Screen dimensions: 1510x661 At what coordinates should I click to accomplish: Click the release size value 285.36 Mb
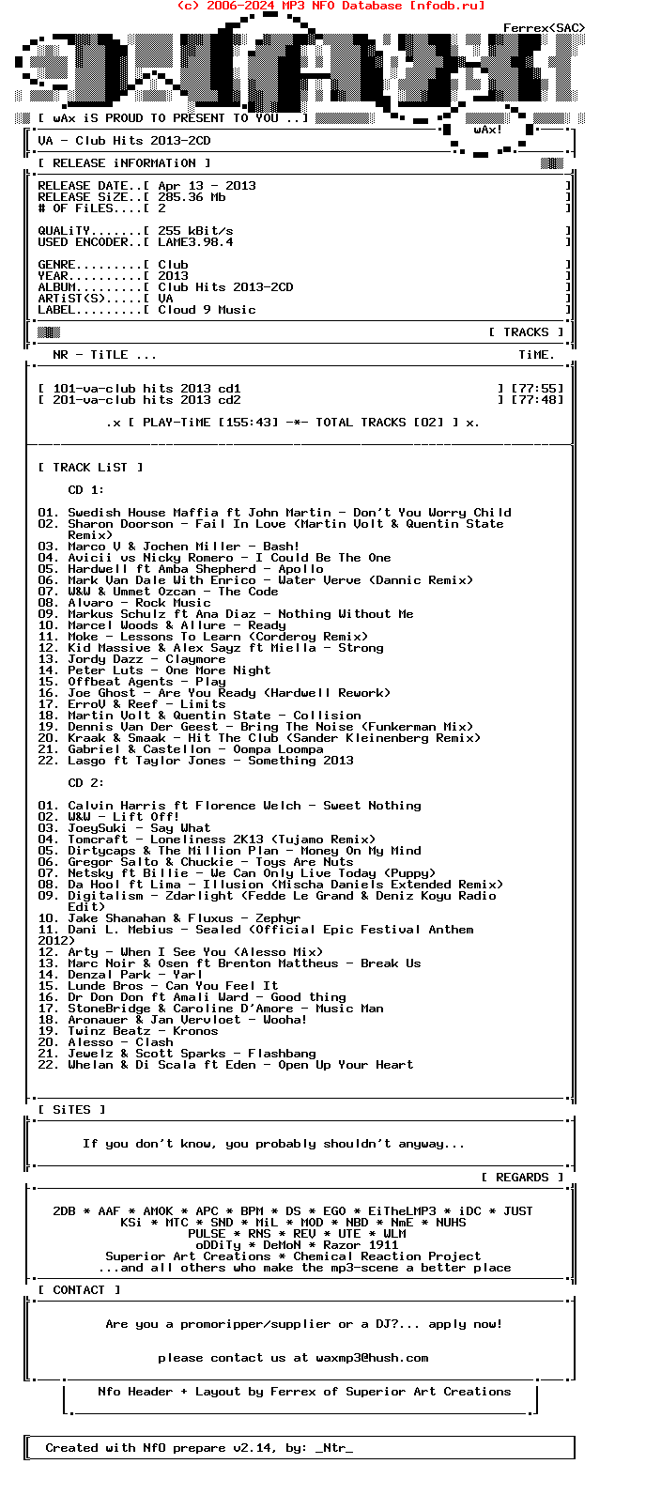pyautogui.click(x=192, y=197)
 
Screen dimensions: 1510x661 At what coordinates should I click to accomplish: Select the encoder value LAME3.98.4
pyautogui.click(x=195, y=242)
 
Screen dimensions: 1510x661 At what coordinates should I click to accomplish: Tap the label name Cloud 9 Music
pyautogui.click(x=207, y=310)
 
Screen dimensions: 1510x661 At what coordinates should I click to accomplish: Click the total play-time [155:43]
pyautogui.click(x=248, y=423)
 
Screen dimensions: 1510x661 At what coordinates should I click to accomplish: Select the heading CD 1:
pyautogui.click(x=86, y=490)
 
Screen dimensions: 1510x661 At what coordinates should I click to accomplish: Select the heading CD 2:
pyautogui.click(x=86, y=783)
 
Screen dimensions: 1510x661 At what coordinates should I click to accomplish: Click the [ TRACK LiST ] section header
pyautogui.click(x=90, y=468)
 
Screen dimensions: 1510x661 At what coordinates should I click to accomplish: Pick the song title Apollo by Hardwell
pyautogui.click(x=300, y=569)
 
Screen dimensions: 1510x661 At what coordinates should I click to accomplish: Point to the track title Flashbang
pyautogui.click(x=282, y=1054)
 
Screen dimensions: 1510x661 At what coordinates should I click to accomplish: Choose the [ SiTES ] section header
pyautogui.click(x=71, y=1110)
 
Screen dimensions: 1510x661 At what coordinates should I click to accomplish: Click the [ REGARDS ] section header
pyautogui.click(x=522, y=1178)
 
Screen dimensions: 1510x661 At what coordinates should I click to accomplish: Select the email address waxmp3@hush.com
pyautogui.click(x=372, y=1358)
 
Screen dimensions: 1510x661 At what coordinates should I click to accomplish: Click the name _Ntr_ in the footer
pyautogui.click(x=334, y=1448)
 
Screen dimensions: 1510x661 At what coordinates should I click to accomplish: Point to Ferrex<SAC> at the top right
pyautogui.click(x=545, y=28)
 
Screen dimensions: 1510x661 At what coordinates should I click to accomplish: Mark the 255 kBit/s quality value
pyautogui.click(x=195, y=231)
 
